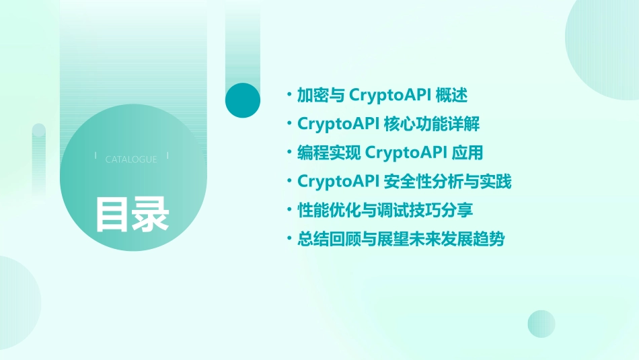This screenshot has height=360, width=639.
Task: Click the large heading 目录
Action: coord(132,214)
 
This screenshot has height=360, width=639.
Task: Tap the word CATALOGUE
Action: coord(131,159)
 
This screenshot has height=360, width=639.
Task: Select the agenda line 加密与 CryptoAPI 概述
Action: coord(381,95)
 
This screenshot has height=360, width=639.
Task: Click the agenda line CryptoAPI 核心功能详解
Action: coord(388,124)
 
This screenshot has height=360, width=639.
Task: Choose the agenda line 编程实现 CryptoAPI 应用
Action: coord(390,153)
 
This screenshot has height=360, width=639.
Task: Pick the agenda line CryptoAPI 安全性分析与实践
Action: coord(404,182)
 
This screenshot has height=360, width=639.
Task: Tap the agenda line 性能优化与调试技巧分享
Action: coord(385,210)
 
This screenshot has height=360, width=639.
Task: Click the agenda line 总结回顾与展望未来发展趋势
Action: coord(400,239)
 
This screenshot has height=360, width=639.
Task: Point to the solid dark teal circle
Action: coord(243,100)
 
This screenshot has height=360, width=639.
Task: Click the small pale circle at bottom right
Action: coord(541,324)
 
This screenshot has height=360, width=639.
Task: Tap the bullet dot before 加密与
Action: coord(289,96)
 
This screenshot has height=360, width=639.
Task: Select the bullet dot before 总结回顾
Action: coord(289,240)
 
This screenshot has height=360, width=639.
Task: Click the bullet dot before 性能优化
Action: coord(289,211)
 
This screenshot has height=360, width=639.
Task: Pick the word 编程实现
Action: coord(329,153)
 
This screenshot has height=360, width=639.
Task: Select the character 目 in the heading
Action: coord(112,214)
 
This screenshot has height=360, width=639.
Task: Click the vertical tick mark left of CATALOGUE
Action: coord(96,156)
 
